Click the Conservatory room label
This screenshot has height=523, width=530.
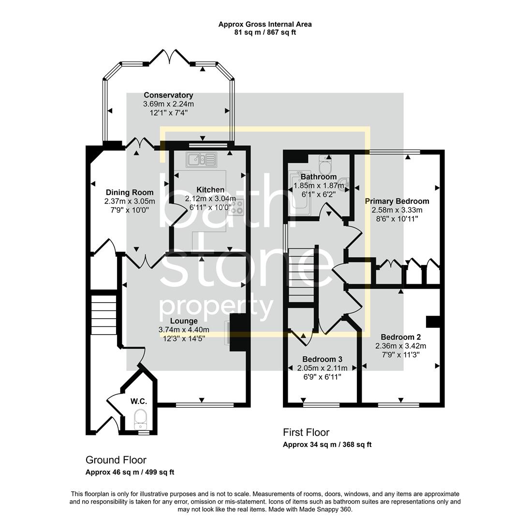(x=168, y=95)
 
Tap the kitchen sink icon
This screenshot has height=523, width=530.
(x=203, y=158)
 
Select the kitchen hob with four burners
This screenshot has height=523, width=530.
(x=237, y=208)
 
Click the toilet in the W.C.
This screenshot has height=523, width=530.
(x=141, y=417)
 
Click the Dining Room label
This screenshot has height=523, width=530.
(x=130, y=192)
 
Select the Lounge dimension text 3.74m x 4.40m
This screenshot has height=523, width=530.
(x=184, y=330)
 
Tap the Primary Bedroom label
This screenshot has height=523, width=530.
(x=397, y=201)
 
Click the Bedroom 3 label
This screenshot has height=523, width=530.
(x=322, y=359)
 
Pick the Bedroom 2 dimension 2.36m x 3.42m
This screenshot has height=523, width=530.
(x=400, y=346)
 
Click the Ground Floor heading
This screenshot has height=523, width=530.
(x=116, y=460)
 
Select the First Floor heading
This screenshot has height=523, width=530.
(x=306, y=432)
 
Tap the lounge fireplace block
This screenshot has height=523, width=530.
(x=238, y=332)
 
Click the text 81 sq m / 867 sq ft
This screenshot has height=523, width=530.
(x=265, y=32)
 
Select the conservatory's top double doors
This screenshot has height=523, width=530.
(x=170, y=57)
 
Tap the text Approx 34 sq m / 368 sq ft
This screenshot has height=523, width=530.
(x=327, y=445)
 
